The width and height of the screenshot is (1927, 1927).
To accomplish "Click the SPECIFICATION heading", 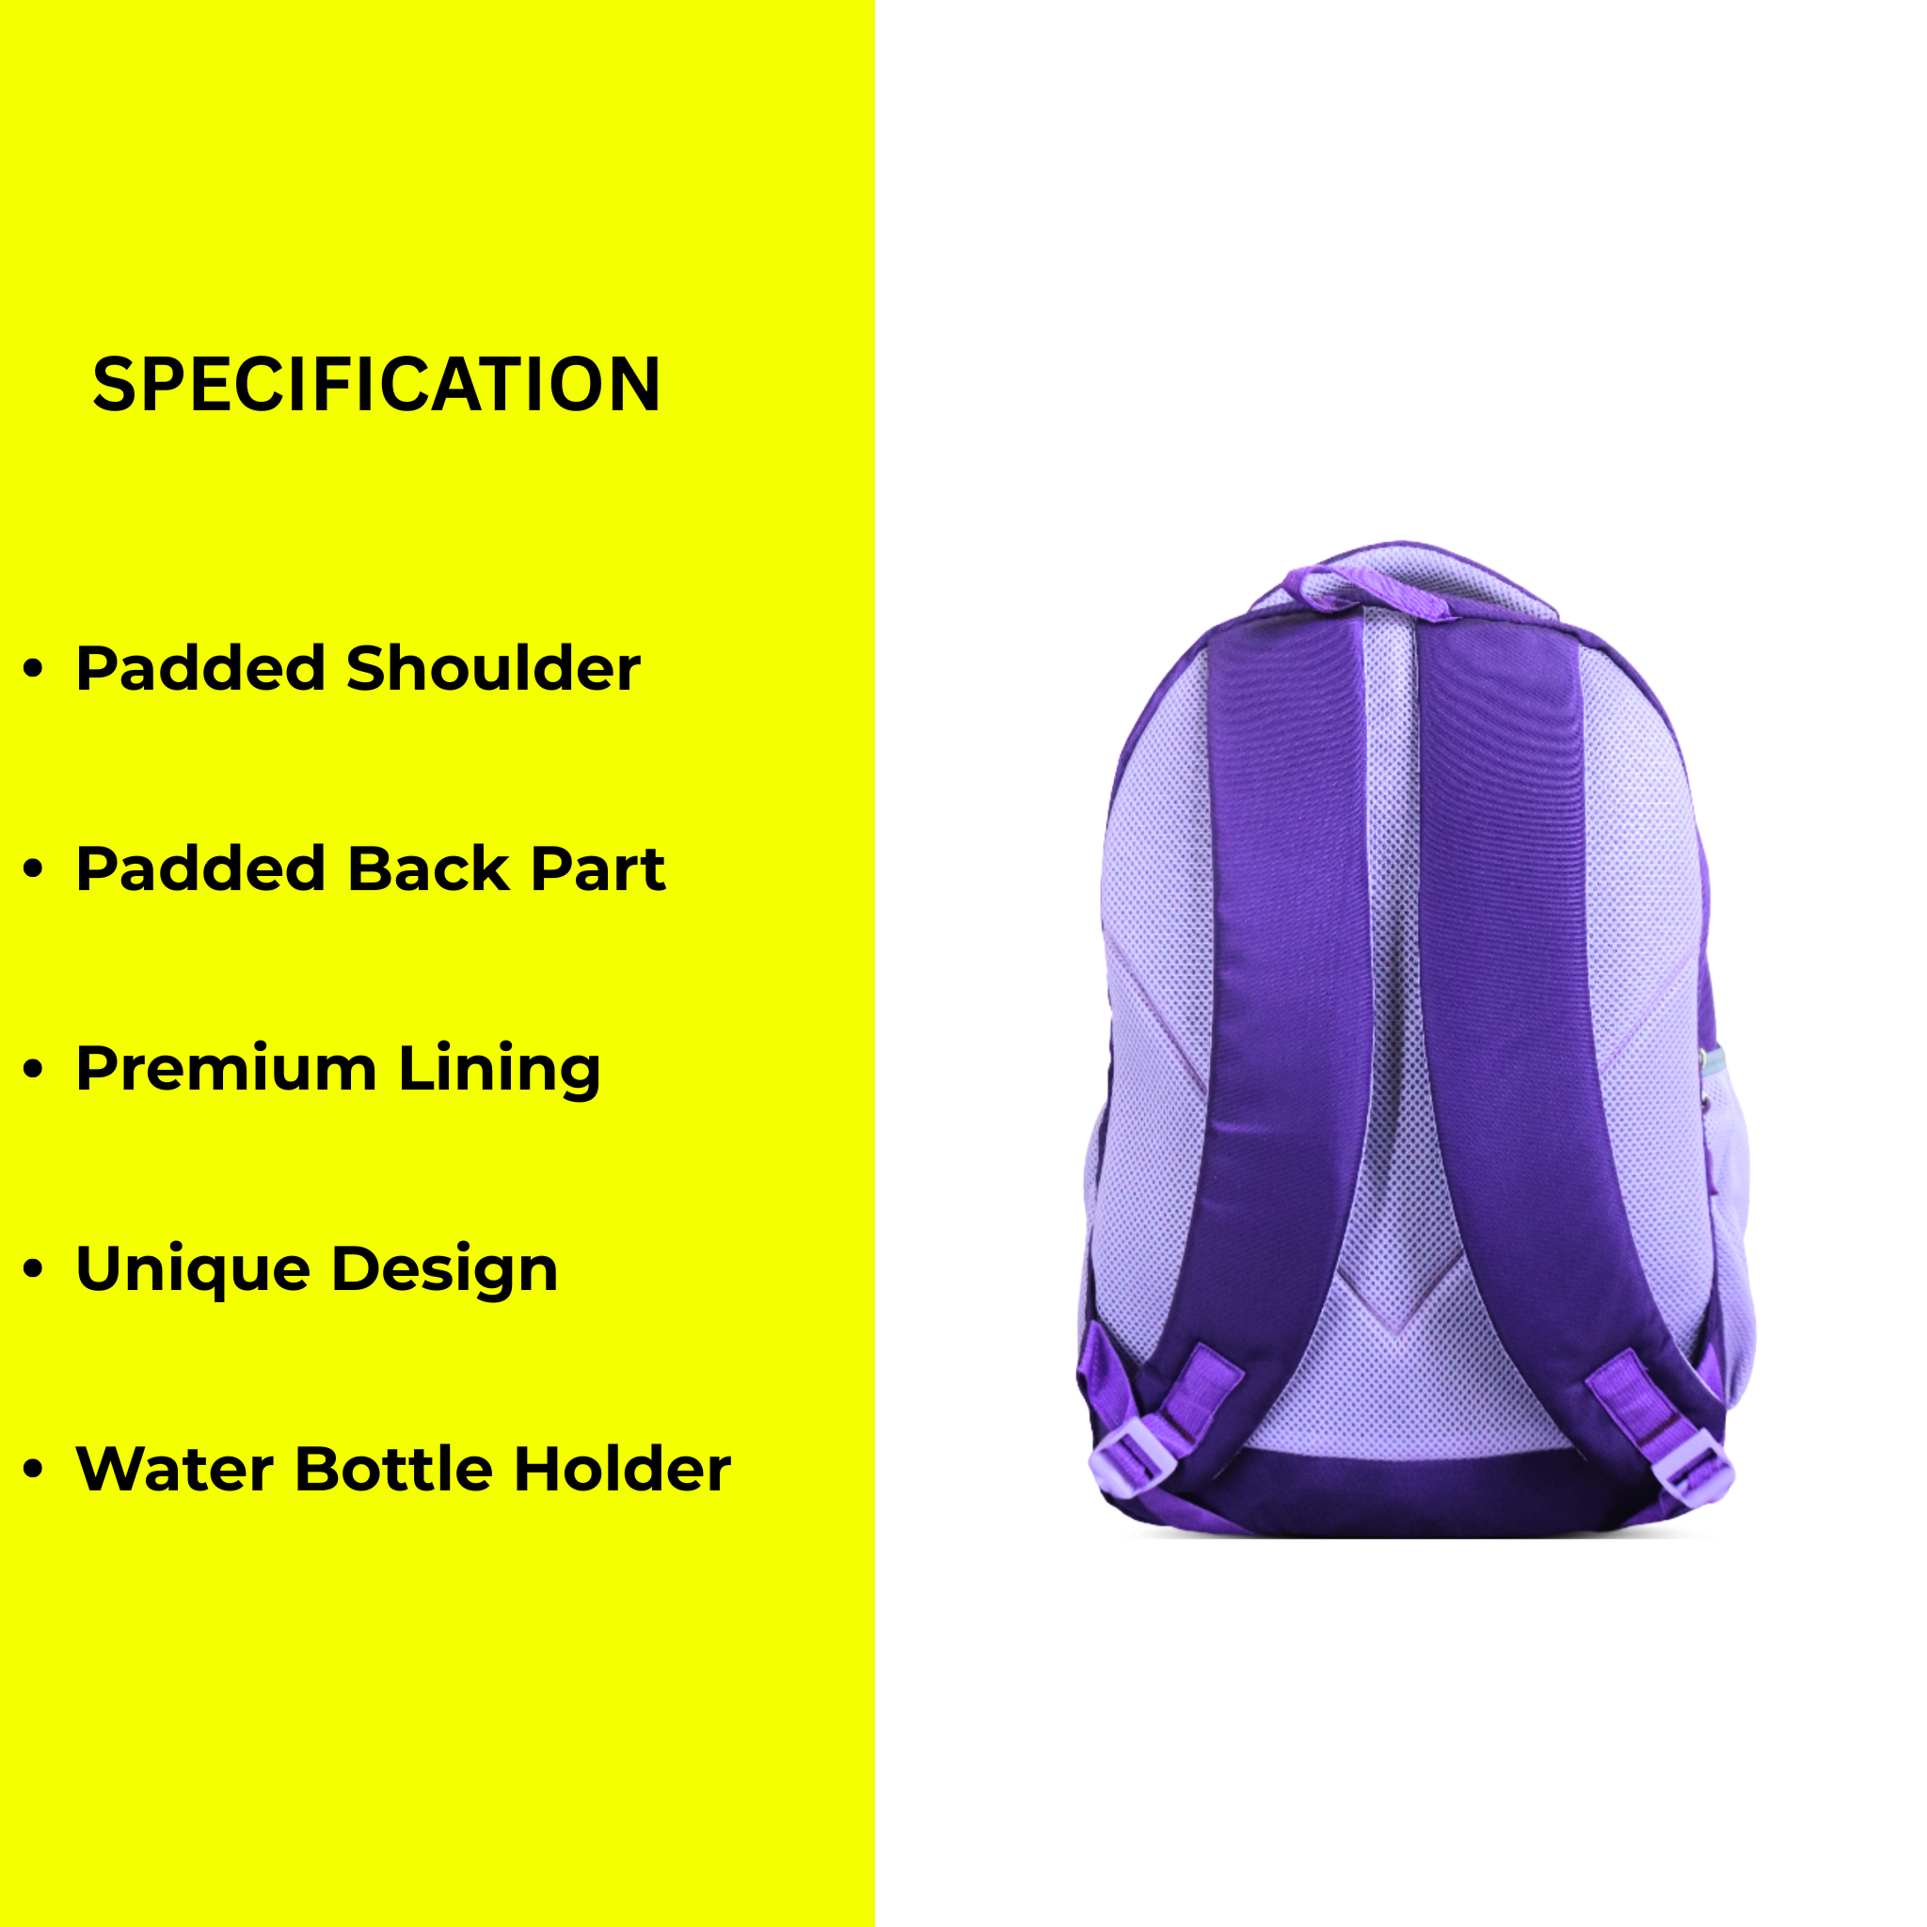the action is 376,384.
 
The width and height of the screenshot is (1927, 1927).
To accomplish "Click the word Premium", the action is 227,1068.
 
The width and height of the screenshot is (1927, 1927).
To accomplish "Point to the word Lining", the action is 500,1070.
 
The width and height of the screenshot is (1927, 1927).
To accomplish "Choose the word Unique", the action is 194,1270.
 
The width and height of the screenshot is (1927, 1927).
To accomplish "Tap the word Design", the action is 444,1270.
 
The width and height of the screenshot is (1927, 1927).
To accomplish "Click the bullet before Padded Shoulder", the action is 34,669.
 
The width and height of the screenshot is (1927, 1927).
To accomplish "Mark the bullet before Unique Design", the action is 34,1269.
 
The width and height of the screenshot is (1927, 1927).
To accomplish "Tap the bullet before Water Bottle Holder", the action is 34,1471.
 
